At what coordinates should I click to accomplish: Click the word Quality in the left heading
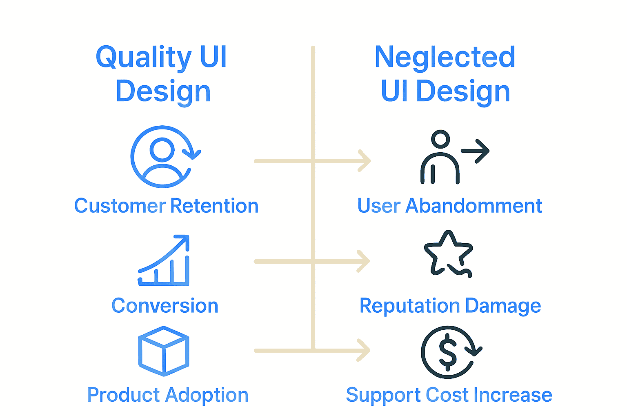point(143,57)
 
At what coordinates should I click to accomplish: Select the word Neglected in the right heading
point(445,57)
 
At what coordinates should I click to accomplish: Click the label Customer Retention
point(166,206)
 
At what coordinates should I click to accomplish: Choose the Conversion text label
point(165,306)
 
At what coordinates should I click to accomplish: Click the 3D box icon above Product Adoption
point(164,351)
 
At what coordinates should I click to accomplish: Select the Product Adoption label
point(168,395)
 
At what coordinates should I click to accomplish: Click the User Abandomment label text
point(449,206)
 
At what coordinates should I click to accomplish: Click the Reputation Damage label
point(450,306)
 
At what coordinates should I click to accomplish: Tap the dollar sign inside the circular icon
point(448,352)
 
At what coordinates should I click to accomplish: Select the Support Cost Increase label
point(449,395)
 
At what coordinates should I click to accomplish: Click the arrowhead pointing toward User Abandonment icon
point(365,161)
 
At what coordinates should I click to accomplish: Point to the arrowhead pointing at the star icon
point(364,261)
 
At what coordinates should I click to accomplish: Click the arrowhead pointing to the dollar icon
point(364,350)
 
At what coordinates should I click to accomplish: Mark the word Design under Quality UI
point(163,91)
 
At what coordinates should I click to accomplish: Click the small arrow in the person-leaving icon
point(476,151)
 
